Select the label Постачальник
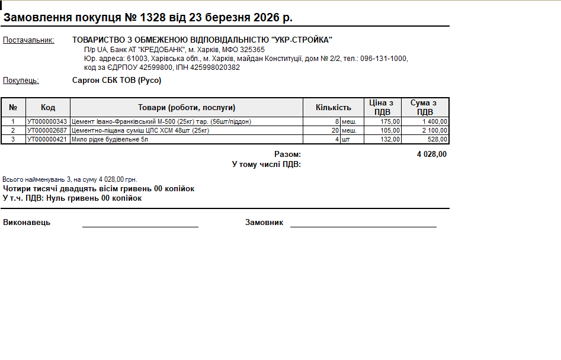click(28, 40)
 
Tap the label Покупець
click(21, 81)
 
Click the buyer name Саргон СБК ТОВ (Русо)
click(117, 81)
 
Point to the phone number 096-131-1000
click(384, 59)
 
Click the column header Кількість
click(333, 107)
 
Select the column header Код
click(48, 107)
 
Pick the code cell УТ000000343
click(47, 121)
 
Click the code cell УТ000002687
click(47, 130)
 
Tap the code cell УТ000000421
click(47, 139)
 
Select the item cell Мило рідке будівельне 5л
click(110, 139)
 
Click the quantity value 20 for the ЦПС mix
click(335, 130)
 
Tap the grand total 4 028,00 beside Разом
click(432, 155)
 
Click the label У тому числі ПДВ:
click(266, 164)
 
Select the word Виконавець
click(27, 223)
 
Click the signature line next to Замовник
click(363, 226)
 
